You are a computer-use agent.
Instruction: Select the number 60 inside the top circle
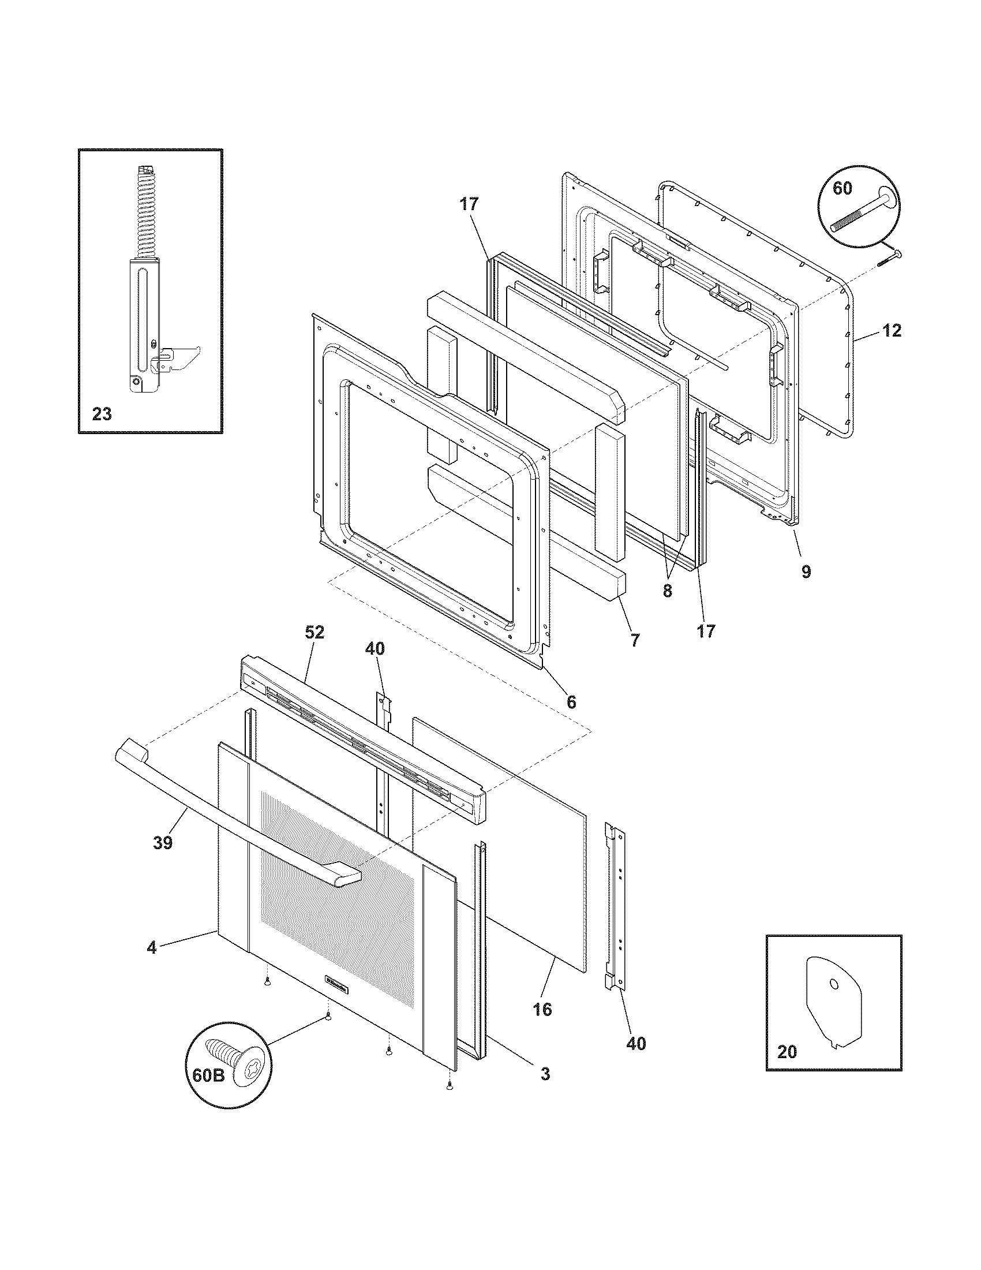pos(843,188)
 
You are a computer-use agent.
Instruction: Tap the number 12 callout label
pos(892,331)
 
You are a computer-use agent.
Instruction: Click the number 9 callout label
pos(806,571)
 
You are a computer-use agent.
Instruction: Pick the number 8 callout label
pos(667,591)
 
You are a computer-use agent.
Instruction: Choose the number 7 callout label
pos(635,640)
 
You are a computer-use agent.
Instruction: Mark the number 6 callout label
pos(571,702)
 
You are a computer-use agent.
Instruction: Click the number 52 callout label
pos(314,633)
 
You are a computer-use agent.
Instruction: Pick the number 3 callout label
pos(545,1074)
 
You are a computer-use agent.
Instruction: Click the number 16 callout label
pos(542,1009)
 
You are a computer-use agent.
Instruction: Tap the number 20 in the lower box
pos(787,1052)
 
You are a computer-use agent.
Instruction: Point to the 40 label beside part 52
pos(375,649)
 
